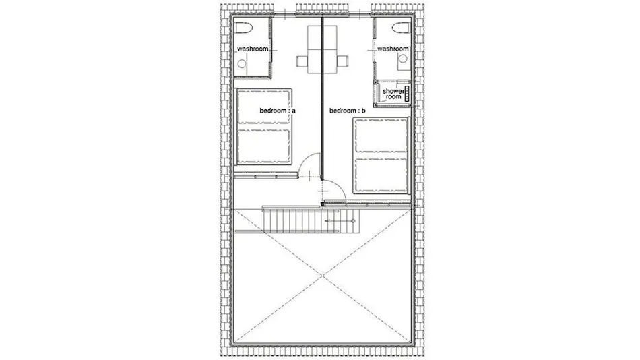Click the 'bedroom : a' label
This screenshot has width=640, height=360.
[x=278, y=111]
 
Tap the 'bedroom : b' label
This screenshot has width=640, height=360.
[x=348, y=111]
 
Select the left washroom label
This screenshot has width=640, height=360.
[x=253, y=49]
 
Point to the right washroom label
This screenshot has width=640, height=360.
[x=393, y=49]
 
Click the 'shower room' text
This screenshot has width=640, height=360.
[x=393, y=94]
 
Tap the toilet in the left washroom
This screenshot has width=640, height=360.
[x=244, y=28]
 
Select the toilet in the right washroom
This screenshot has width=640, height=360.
[x=401, y=28]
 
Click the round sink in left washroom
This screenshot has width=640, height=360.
[x=242, y=64]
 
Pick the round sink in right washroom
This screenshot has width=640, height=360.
[x=403, y=59]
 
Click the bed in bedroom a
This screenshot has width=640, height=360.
[x=263, y=127]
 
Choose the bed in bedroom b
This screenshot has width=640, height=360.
[x=381, y=155]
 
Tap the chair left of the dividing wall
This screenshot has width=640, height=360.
[x=302, y=62]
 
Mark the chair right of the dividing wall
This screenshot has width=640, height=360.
[x=343, y=62]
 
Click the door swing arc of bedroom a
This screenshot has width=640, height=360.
[x=306, y=158]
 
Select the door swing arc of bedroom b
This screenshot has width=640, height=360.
[x=340, y=187]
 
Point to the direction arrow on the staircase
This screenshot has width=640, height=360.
[x=340, y=221]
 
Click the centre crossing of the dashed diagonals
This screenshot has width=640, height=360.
[x=323, y=276]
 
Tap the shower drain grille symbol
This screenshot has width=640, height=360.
[x=406, y=94]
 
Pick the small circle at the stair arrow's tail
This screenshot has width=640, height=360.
[x=353, y=221]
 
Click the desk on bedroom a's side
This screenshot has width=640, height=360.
[x=315, y=49]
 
